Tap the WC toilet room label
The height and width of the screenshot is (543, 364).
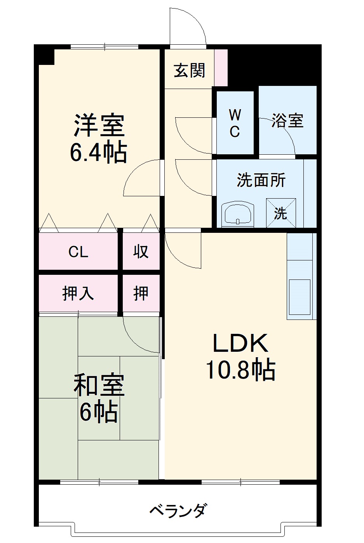tap(235, 123)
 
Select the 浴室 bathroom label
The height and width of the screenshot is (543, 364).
tap(287, 120)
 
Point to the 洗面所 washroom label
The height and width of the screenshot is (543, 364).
tap(261, 180)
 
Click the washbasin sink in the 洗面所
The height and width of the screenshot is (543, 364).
tap(238, 215)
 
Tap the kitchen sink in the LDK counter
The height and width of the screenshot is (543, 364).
tap(300, 297)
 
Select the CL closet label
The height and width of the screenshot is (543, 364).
tap(78, 252)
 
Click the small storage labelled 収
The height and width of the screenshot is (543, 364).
tap(141, 251)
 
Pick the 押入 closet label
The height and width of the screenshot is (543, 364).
tap(78, 293)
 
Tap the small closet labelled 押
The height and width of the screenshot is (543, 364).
tap(141, 293)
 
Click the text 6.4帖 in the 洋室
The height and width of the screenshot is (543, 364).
tap(98, 153)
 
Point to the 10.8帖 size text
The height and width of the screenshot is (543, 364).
tap(240, 370)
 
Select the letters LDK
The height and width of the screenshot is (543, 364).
tap(240, 343)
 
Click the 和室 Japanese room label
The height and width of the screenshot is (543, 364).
tap(99, 385)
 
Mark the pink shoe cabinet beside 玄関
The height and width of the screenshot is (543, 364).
tap(221, 68)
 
